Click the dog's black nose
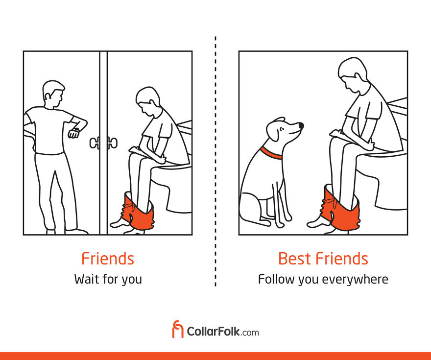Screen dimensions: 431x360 point(301,126)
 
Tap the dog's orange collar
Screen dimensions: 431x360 point(271,154)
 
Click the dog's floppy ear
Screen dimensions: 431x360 point(273,132)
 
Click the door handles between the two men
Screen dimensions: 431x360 point(104,143)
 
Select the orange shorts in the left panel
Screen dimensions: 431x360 point(137,211)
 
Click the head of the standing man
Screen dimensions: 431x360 point(53,93)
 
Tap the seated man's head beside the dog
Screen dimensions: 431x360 point(353,75)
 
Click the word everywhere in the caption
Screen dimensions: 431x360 point(355,280)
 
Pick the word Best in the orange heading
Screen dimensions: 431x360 point(295,259)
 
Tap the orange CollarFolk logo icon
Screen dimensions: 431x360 point(178,329)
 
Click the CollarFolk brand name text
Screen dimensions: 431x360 point(223,332)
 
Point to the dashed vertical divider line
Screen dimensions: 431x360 point(215,161)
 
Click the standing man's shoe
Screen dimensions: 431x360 point(76,232)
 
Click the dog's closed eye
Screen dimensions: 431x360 point(281,129)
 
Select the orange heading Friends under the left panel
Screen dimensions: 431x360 point(108,259)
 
